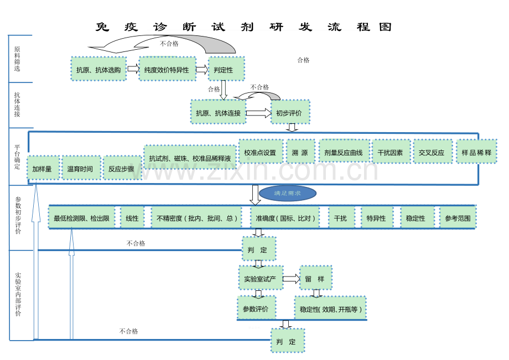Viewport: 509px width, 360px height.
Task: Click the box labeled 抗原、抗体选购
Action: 98,69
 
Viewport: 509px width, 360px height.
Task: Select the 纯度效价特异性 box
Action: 167,69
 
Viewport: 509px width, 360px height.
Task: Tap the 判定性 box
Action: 226,69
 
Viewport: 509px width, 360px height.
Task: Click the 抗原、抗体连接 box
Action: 218,112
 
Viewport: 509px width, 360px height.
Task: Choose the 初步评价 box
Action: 290,112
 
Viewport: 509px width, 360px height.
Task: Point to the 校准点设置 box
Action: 260,152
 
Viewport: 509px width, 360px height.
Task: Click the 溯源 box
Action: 300,152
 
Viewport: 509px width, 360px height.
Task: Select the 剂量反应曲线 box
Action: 344,152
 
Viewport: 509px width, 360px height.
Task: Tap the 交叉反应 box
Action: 432,152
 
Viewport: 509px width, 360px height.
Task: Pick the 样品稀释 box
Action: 476,152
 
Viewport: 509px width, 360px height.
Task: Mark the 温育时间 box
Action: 81,168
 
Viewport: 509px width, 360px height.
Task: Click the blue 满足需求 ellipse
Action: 288,194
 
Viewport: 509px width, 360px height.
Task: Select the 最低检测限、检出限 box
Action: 82,218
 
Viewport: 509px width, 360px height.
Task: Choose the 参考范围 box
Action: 458,218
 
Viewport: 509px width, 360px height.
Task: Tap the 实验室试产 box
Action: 260,278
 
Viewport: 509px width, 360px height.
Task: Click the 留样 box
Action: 315,278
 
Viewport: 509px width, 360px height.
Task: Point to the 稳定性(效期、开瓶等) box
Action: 330,309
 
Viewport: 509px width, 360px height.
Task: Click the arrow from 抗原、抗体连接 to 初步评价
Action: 258,113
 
